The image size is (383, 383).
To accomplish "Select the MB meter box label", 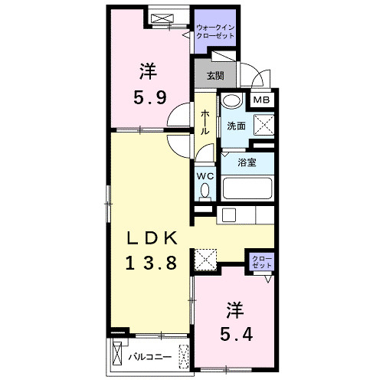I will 262,98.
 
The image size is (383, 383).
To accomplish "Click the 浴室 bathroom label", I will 246,162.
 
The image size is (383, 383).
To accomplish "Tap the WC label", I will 205,175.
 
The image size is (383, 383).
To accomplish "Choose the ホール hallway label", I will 205,123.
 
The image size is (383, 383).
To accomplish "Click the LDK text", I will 152,237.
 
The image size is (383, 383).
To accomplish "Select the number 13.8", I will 152,263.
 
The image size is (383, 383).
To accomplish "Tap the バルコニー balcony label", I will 148,356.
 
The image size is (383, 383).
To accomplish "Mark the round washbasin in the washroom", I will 232,101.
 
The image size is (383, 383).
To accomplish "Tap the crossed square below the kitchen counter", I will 205,260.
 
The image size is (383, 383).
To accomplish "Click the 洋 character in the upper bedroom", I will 148,71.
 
